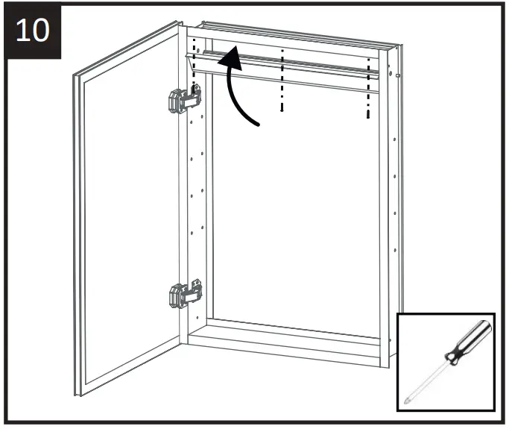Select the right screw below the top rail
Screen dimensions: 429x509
click(368, 115)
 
